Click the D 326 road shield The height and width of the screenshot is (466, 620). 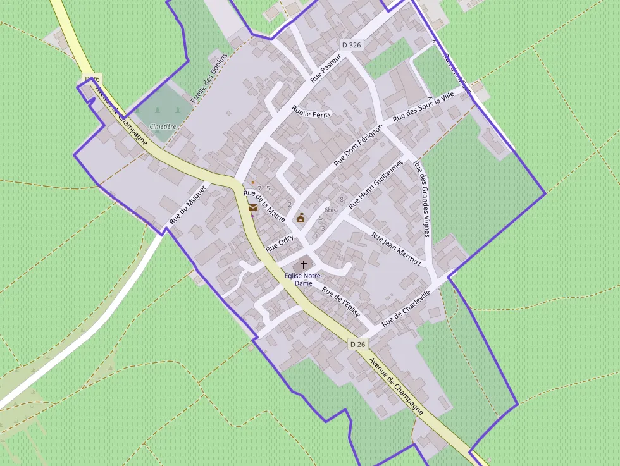[x=351, y=45]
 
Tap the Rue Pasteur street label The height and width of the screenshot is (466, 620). [x=326, y=68]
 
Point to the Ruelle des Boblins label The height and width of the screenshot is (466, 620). [x=208, y=86]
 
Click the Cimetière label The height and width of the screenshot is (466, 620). [x=163, y=126]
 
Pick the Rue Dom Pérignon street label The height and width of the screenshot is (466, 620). [x=359, y=145]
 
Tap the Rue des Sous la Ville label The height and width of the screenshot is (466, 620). [x=423, y=106]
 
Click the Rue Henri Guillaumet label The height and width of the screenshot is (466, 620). [x=376, y=185]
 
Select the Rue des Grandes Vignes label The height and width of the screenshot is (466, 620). [x=421, y=199]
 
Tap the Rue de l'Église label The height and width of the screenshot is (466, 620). [x=341, y=303]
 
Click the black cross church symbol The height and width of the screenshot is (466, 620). [x=304, y=264]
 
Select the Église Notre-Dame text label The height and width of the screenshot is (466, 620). [x=304, y=279]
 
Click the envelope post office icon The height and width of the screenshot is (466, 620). [x=253, y=207]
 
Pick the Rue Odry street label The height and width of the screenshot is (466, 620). [x=280, y=243]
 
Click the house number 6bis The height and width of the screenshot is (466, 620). [x=330, y=209]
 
